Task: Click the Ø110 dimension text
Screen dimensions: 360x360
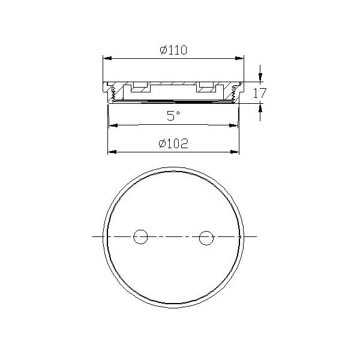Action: [174, 50]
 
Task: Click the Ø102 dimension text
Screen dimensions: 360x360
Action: [174, 144]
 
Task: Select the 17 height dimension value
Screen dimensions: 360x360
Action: [259, 93]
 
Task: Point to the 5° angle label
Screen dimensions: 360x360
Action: [173, 116]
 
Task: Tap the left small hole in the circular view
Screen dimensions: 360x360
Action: [140, 236]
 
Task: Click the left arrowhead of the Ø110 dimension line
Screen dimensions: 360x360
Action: [106, 58]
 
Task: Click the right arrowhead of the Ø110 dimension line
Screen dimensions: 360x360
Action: [242, 58]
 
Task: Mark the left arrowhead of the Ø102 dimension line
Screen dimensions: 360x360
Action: [110, 151]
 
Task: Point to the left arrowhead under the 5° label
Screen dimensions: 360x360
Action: [111, 125]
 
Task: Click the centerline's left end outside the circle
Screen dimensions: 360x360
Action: [94, 236]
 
